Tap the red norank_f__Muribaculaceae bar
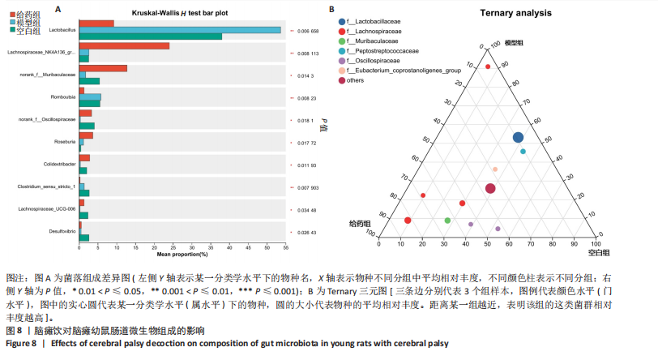103,68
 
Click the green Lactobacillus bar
150,36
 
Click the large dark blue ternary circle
518,138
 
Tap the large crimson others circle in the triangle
490,189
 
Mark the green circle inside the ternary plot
447,221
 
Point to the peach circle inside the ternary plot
495,169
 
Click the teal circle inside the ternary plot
523,152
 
